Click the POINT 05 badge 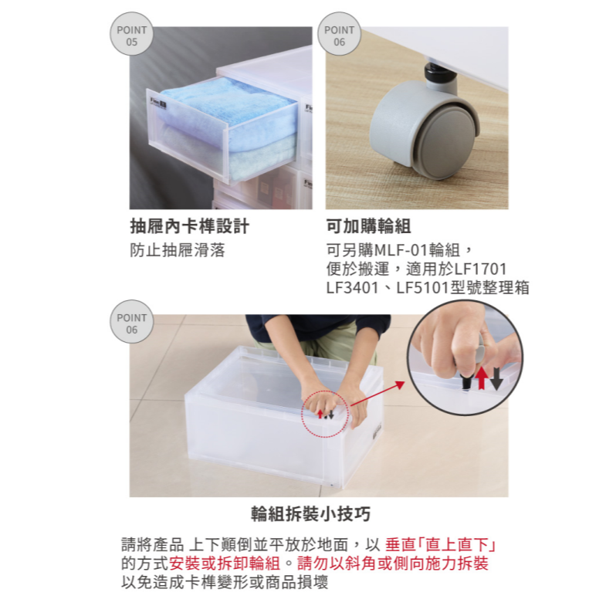[x=131, y=36]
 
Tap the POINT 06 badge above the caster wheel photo [x=340, y=36]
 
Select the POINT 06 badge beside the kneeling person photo [x=131, y=323]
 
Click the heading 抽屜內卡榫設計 [x=189, y=227]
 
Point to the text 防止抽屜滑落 [x=177, y=251]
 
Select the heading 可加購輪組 [x=368, y=227]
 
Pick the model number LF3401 [x=353, y=288]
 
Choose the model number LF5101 [x=423, y=288]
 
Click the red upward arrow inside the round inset [x=481, y=378]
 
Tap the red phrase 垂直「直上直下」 [x=440, y=543]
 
